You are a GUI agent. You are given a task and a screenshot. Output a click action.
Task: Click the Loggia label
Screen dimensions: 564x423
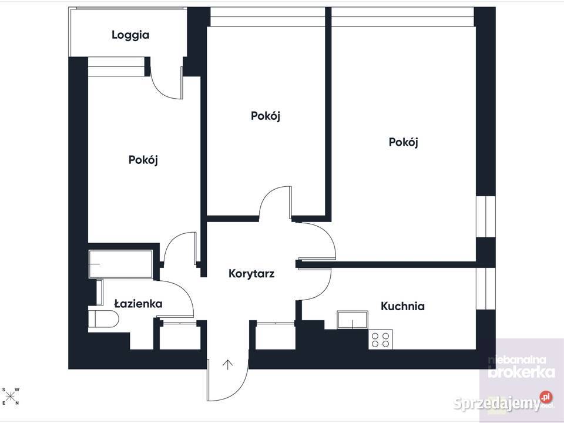[130, 35]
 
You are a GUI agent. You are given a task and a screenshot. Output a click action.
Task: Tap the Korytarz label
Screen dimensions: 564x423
[251, 274]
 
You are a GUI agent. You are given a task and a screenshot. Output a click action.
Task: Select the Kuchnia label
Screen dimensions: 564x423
[402, 307]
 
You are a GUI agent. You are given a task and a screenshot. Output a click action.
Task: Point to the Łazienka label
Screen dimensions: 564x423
[138, 304]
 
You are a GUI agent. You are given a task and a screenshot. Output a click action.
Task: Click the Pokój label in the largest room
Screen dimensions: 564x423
[403, 142]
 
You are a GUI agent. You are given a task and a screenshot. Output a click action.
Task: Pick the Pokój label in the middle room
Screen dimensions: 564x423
[266, 116]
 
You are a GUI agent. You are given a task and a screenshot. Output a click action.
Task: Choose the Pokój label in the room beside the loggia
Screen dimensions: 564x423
[143, 160]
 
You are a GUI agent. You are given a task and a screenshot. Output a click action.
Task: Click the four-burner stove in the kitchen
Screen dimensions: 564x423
[381, 339]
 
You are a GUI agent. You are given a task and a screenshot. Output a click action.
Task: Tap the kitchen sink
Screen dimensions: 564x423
[352, 320]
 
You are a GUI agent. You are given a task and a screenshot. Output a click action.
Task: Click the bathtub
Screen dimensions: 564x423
[121, 264]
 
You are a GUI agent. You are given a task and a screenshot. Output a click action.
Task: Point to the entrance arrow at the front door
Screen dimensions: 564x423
[227, 365]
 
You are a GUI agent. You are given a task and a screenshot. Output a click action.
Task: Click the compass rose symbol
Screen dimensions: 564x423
[11, 397]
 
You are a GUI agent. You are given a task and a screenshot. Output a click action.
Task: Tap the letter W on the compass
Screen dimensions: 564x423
[17, 390]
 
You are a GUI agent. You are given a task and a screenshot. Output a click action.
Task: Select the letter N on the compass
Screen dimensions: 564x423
[17, 403]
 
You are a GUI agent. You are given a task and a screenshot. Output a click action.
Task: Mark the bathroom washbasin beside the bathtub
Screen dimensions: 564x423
[99, 293]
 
